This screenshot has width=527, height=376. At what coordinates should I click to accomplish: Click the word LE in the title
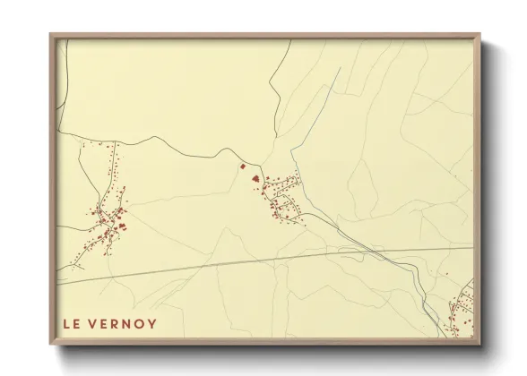pyautogui.click(x=72, y=324)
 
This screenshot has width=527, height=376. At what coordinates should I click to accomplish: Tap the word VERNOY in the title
pyautogui.click(x=125, y=324)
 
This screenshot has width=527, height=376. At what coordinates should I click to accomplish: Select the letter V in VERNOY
pyautogui.click(x=95, y=324)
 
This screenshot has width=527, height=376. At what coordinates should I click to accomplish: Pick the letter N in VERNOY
pyautogui.click(x=129, y=324)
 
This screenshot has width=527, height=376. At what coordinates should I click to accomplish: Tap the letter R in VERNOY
pyautogui.click(x=117, y=324)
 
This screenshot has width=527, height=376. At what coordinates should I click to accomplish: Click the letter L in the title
pyautogui.click(x=66, y=324)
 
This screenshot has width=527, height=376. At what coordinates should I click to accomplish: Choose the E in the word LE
pyautogui.click(x=77, y=324)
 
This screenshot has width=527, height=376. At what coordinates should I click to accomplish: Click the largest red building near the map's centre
pyautogui.click(x=257, y=177)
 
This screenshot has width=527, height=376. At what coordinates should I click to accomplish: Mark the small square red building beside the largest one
pyautogui.click(x=240, y=166)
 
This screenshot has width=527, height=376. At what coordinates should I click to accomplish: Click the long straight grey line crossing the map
pyautogui.click(x=269, y=258)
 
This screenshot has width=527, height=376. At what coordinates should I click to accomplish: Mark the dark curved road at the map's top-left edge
pyautogui.click(x=61, y=81)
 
